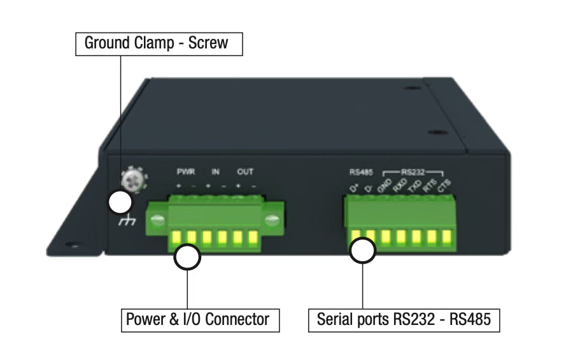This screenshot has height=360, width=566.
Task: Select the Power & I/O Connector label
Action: click(200, 319)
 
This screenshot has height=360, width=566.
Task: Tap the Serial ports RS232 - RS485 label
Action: click(404, 319)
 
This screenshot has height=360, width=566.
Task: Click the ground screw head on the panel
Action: click(134, 179)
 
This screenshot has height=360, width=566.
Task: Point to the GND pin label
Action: click(385, 186)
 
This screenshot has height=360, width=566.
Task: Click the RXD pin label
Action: click(399, 186)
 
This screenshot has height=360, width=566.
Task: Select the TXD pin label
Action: click(414, 186)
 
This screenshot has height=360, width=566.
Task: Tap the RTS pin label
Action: click(430, 186)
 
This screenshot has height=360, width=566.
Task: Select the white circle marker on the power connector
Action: click(188, 257)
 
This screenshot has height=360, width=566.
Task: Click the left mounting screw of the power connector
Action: click(158, 220)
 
